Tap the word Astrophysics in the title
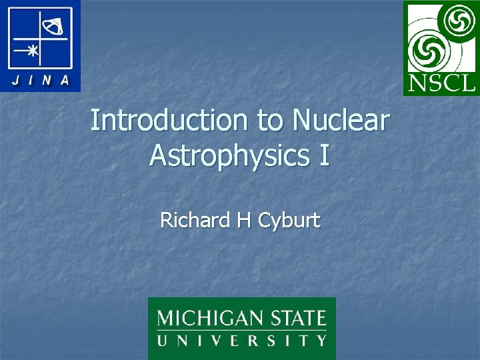click(x=226, y=155)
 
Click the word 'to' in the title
click(x=269, y=121)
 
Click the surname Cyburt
click(x=288, y=221)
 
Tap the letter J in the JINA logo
click(x=15, y=81)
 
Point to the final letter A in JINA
click(x=65, y=81)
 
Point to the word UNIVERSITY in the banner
click(x=241, y=341)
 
